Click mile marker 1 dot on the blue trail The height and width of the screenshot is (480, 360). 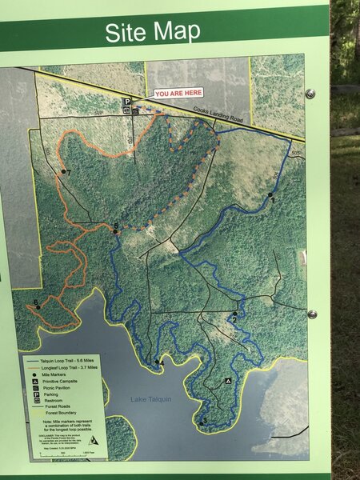pyautogui.click(x=270, y=195)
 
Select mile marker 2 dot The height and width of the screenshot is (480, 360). pyautogui.click(x=234, y=314)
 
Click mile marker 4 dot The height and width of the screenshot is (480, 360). pyautogui.click(x=157, y=362)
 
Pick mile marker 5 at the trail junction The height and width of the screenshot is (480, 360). pyautogui.click(x=116, y=231)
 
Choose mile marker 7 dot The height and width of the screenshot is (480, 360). pyautogui.click(x=63, y=172)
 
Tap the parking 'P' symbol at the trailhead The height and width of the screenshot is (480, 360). pyautogui.click(x=126, y=102)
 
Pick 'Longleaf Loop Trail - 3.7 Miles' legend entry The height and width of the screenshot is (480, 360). pyautogui.click(x=67, y=367)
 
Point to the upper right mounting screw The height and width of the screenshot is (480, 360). pyautogui.click(x=310, y=94)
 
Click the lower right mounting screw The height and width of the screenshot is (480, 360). pyautogui.click(x=312, y=314)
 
